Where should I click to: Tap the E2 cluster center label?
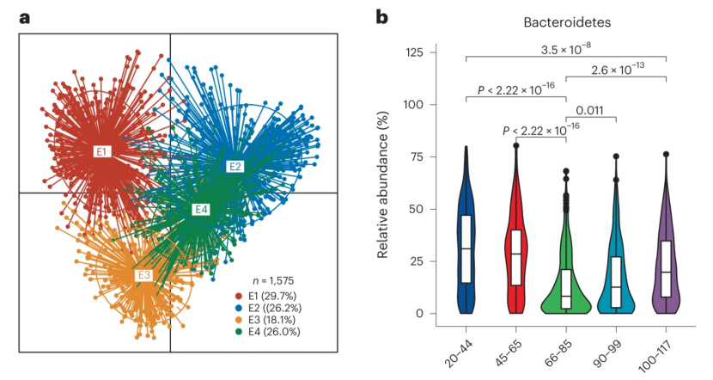235,166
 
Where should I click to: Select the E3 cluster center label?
144,275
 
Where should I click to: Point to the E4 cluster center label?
201,209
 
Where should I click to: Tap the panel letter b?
381,17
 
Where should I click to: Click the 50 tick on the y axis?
427,209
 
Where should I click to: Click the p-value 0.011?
588,110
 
